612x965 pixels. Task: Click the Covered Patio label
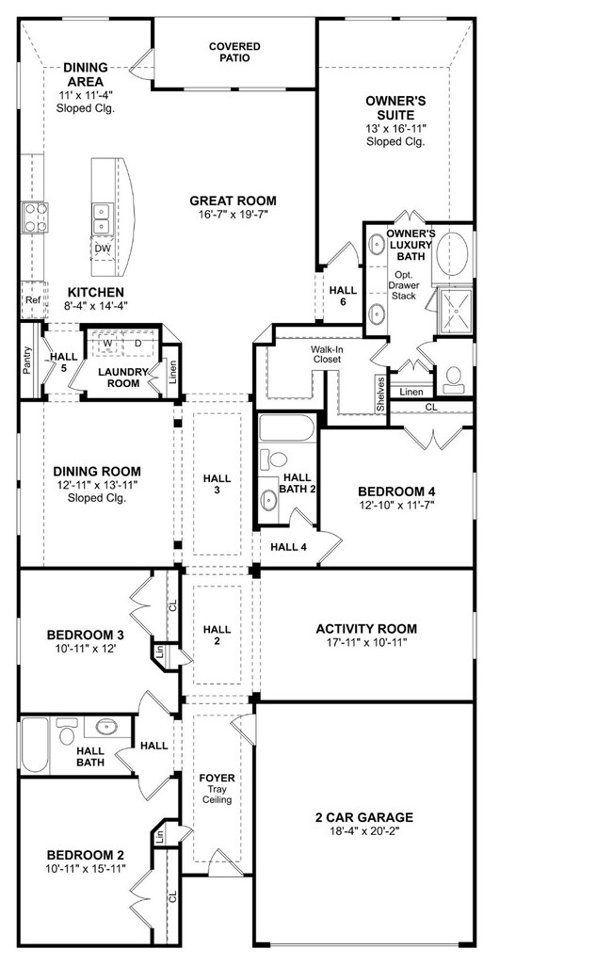pos(234,52)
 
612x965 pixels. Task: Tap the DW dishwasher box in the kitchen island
pos(103,249)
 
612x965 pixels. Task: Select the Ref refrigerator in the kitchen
pos(34,300)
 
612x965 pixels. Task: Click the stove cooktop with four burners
pos(35,217)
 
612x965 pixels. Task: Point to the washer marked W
pos(107,343)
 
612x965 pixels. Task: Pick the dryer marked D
pos(138,343)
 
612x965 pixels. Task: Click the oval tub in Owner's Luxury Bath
pos(453,255)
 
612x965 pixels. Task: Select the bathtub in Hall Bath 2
pos(287,427)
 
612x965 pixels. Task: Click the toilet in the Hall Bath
pos(65,733)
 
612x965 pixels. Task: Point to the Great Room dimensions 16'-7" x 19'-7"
pos(233,214)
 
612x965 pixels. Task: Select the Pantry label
pos(26,361)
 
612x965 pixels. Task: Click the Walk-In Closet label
pos(327,354)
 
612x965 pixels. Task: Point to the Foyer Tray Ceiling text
pos(217,788)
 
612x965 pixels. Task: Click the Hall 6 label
pos(343,296)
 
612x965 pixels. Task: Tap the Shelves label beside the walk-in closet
pos(380,394)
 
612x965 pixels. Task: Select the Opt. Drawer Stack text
pos(404,285)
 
